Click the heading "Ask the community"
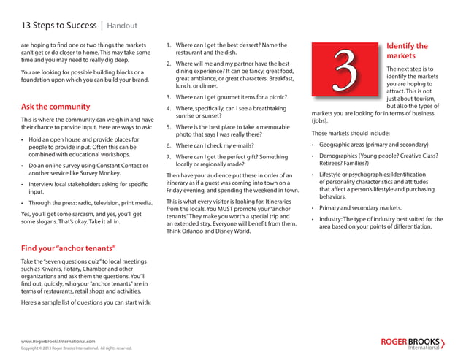pos(56,107)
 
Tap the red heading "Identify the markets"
pos(407,50)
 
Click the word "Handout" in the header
pos(122,26)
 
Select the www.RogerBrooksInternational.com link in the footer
pos(58,341)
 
